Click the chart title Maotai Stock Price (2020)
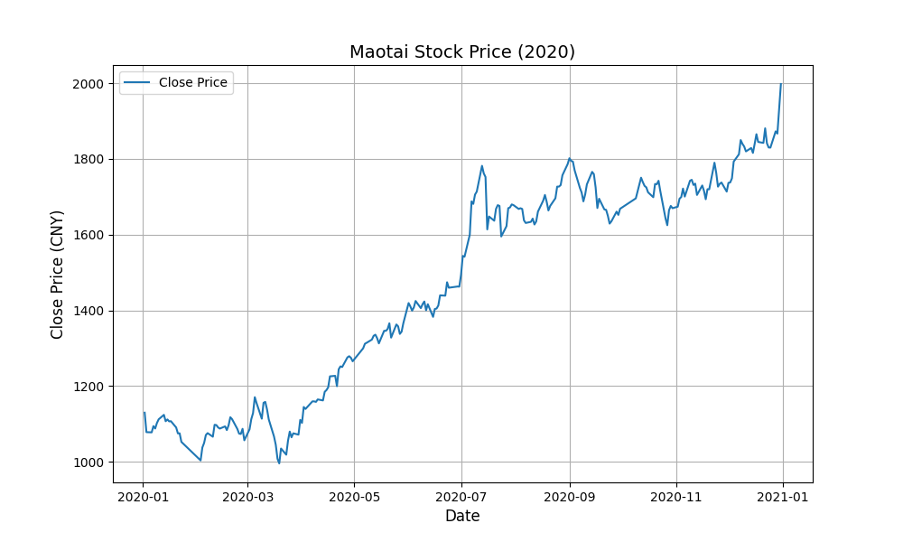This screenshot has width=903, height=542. tap(462, 51)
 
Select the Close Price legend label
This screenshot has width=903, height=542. tap(193, 83)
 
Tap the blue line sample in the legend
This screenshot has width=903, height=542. tap(137, 83)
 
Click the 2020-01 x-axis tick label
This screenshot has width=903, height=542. tap(143, 495)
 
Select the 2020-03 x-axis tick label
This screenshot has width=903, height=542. tap(247, 495)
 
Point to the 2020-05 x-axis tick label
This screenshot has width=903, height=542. tap(354, 495)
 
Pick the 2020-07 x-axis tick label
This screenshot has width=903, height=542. tap(461, 495)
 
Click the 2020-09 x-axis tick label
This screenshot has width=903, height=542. tap(570, 495)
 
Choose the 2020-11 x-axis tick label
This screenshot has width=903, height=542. tap(676, 495)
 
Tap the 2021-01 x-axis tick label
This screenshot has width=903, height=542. tap(783, 495)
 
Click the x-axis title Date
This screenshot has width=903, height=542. tap(462, 517)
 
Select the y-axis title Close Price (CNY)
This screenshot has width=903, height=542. tap(58, 273)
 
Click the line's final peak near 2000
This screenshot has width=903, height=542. tap(781, 84)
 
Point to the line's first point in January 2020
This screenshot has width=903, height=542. tap(144, 413)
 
